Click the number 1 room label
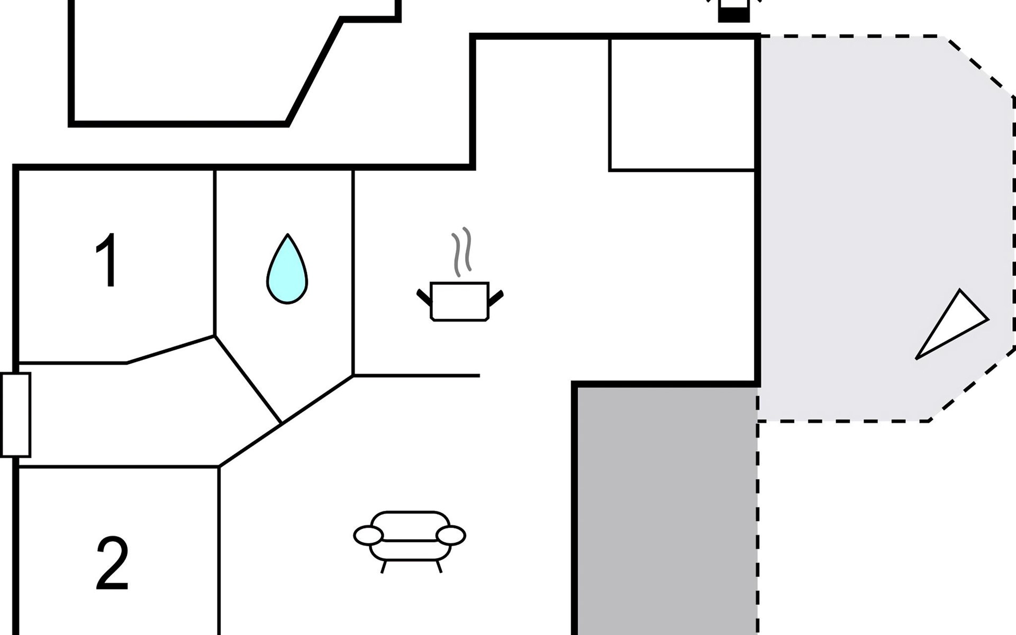[x=107, y=260]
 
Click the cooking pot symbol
[x=459, y=302]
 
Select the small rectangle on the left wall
[x=15, y=415]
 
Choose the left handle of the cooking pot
[x=424, y=298]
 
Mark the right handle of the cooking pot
[x=496, y=298]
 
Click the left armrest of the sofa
[x=368, y=536]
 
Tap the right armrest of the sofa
[x=451, y=536]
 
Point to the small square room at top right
[x=683, y=104]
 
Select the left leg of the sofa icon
[x=384, y=567]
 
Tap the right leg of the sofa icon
[x=439, y=567]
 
